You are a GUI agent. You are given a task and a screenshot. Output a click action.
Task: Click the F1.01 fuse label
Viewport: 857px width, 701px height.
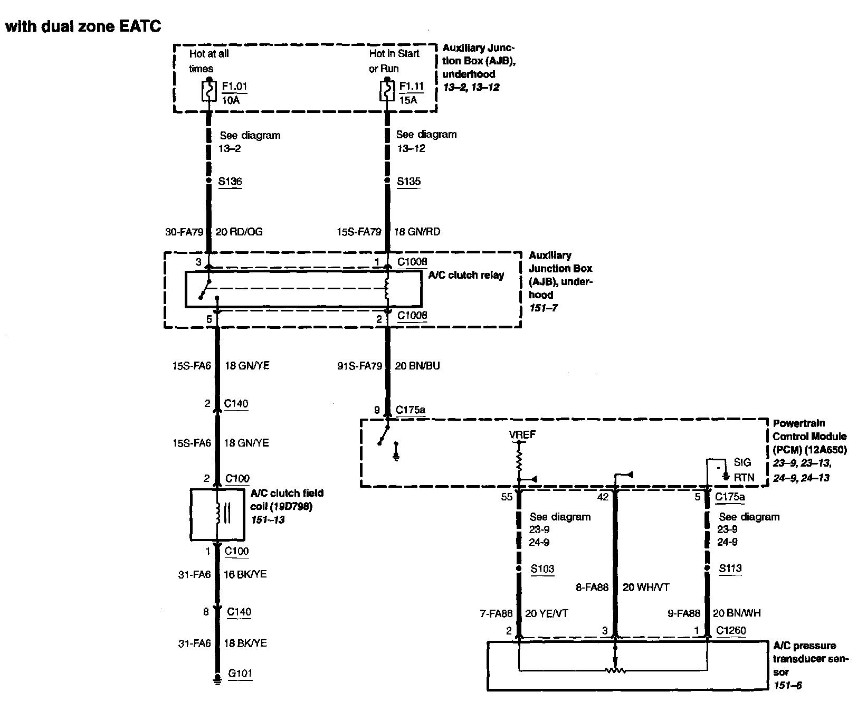[234, 86]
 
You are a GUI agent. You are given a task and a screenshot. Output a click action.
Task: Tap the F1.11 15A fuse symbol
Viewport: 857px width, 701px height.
[387, 91]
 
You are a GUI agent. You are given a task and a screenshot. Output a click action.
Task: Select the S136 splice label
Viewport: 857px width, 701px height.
[230, 181]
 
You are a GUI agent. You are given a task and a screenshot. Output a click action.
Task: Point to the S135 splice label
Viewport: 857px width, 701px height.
[408, 181]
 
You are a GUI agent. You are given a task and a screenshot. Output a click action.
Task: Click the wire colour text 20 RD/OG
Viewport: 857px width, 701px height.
[239, 232]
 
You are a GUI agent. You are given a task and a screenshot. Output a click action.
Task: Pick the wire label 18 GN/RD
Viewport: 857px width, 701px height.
[417, 232]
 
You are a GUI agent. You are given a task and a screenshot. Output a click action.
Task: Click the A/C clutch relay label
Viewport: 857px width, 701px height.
[466, 275]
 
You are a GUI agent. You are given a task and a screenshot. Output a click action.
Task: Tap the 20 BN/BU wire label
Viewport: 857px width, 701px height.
[417, 365]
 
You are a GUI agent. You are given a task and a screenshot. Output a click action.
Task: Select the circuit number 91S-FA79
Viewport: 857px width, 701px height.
[359, 365]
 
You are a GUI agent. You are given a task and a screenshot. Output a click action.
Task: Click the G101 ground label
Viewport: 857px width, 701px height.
[240, 673]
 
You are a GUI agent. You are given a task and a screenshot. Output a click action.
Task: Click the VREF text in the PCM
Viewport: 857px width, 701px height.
[522, 435]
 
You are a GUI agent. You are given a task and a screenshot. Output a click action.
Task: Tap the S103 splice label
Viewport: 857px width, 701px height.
[542, 569]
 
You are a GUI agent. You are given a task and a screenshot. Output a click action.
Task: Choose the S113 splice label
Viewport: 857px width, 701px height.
[730, 569]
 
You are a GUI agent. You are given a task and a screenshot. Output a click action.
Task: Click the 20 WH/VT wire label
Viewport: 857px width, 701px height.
[646, 587]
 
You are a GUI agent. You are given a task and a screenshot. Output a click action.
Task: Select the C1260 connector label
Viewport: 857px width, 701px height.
[731, 630]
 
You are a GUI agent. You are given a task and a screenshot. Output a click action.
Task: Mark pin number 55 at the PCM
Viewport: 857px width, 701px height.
[507, 497]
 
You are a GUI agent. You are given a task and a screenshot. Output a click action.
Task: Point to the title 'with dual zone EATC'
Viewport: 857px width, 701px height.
[83, 26]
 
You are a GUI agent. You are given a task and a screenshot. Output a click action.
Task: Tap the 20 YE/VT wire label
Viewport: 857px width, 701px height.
[547, 613]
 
